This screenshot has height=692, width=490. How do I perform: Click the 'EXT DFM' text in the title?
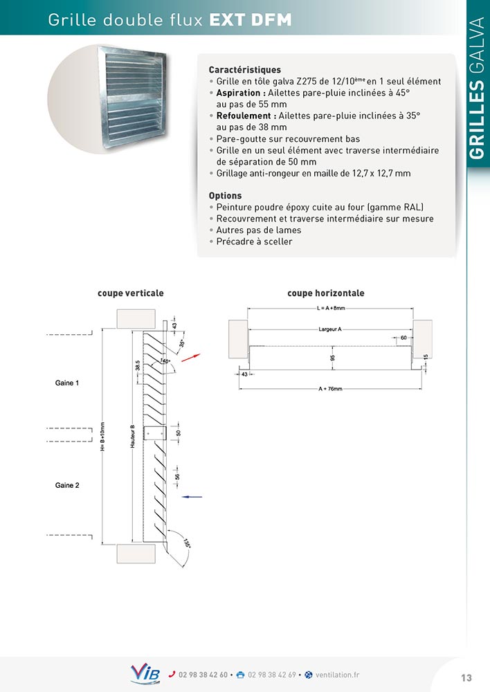(250, 21)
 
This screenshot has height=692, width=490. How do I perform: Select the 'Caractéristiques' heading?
(244, 70)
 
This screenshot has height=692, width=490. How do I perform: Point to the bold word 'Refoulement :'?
(246, 116)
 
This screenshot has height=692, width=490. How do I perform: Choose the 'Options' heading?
(225, 196)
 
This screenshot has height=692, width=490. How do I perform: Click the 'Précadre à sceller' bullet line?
(254, 242)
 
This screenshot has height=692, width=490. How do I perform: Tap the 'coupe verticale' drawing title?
(131, 293)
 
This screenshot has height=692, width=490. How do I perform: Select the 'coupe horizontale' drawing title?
(326, 293)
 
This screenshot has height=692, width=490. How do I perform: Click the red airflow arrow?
(190, 357)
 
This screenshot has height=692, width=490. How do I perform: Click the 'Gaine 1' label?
(67, 383)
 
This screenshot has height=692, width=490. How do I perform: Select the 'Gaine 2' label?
(67, 486)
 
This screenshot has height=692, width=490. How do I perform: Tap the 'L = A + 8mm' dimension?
(330, 308)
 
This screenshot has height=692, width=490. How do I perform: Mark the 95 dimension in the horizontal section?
(333, 358)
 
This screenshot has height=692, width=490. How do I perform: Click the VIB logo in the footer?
(145, 674)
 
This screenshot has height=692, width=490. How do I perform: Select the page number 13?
(466, 677)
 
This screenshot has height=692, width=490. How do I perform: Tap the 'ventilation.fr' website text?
(337, 675)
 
